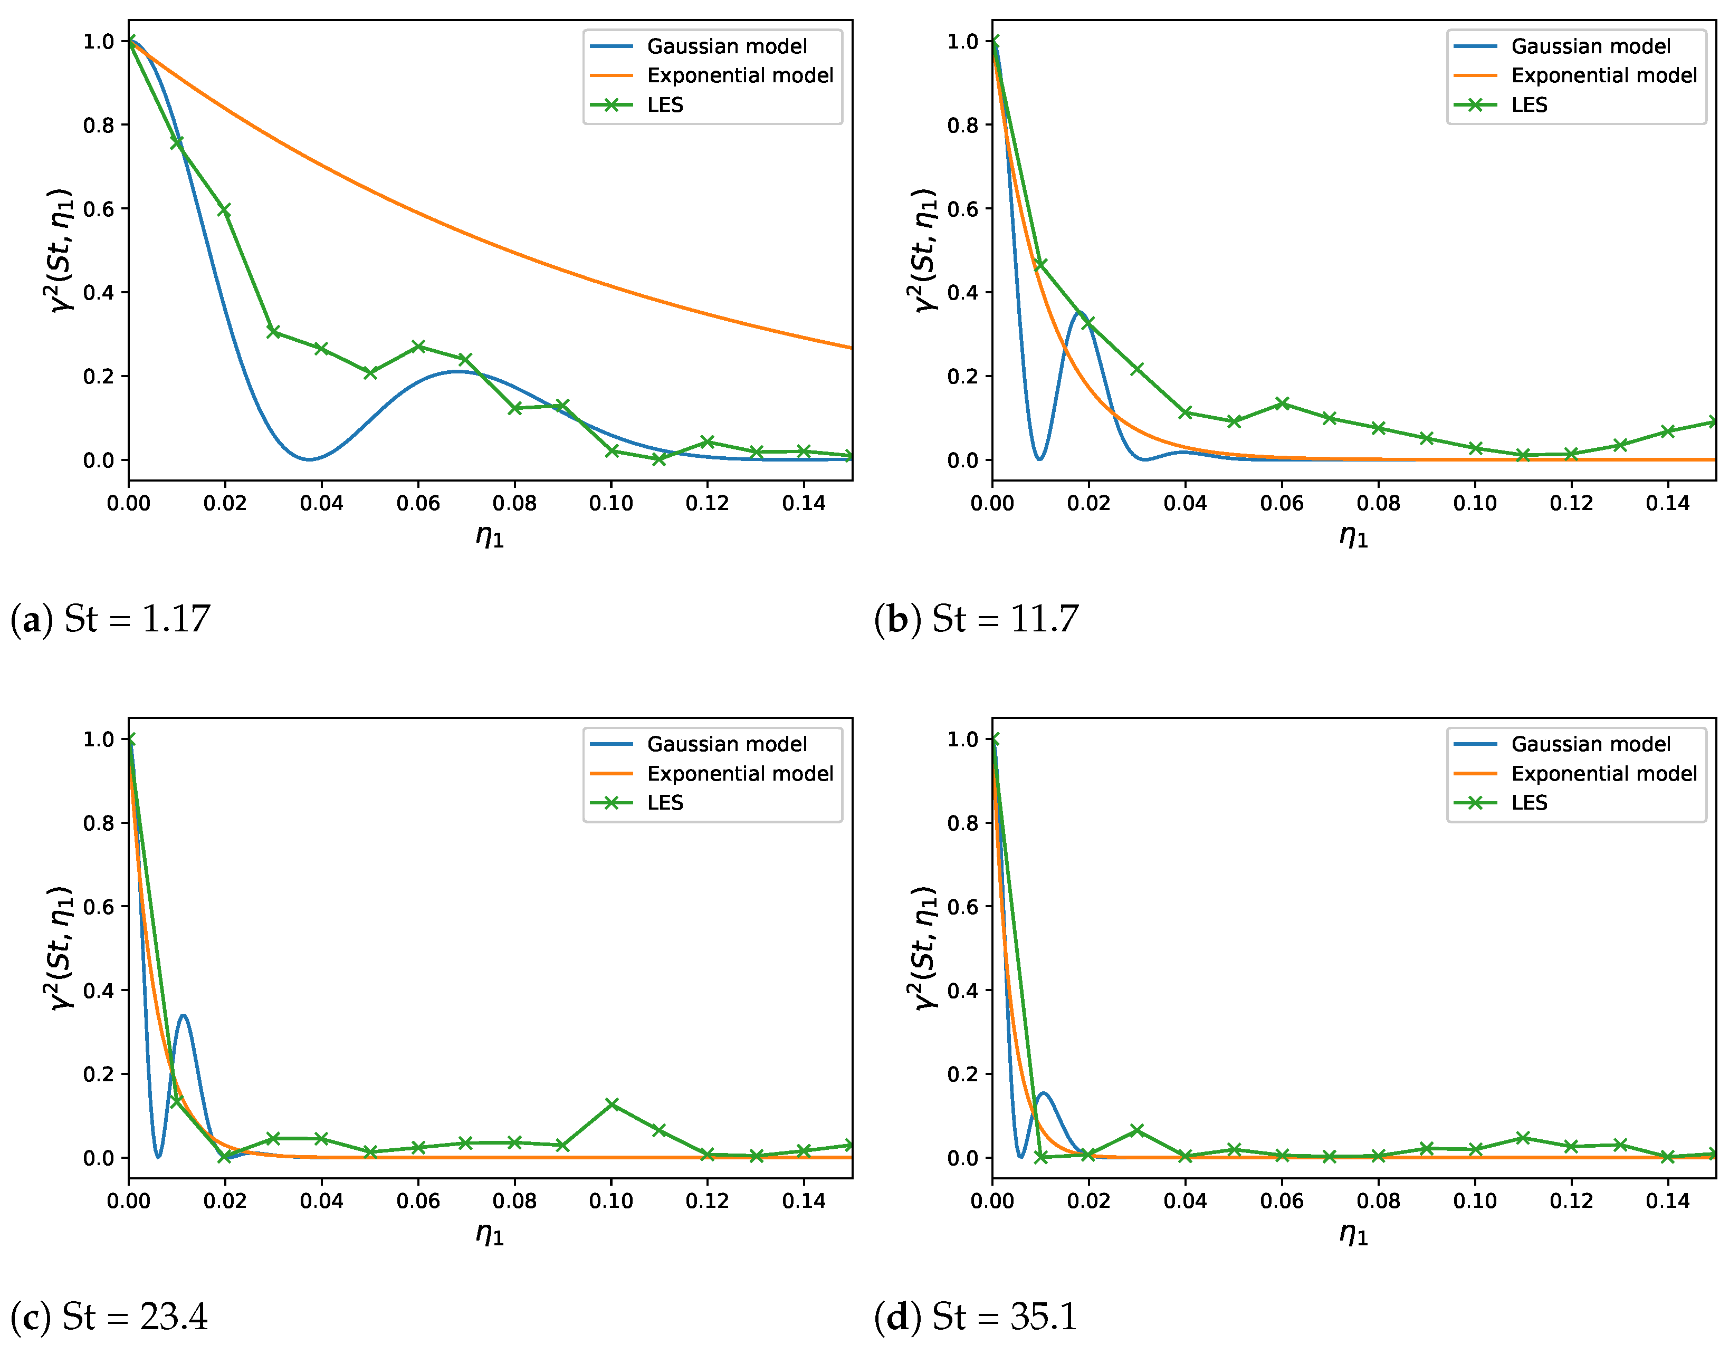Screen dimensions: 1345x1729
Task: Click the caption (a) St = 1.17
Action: pos(110,619)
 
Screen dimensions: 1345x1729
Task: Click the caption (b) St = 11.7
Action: pos(976,619)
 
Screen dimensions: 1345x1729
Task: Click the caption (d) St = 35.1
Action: pos(976,1317)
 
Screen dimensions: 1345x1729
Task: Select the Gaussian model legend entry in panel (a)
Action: pos(726,47)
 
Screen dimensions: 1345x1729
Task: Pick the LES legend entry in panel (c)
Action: pos(664,803)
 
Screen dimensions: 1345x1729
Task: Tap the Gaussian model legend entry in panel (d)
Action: pos(1590,744)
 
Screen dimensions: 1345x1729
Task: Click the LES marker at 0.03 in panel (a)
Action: pos(273,332)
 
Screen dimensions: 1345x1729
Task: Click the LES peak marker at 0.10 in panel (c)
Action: pos(611,1104)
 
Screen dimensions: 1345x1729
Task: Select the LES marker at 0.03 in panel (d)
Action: pos(1138,1130)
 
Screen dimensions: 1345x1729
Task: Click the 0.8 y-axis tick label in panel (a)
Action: pos(99,125)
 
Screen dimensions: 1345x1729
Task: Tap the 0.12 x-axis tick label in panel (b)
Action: pos(1571,504)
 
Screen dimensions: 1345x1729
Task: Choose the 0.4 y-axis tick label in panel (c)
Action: pos(99,991)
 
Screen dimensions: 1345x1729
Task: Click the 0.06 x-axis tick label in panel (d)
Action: pos(1282,1201)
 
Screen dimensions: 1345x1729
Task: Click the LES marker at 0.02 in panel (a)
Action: pos(224,210)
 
